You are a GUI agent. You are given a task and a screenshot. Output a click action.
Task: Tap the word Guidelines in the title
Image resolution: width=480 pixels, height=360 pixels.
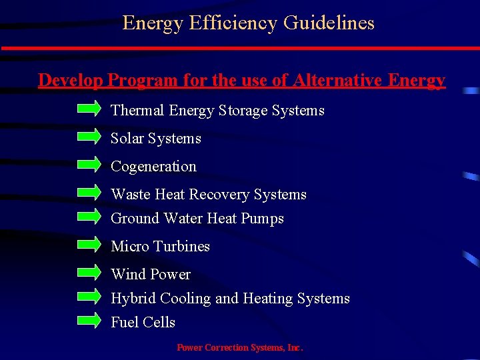click(x=329, y=23)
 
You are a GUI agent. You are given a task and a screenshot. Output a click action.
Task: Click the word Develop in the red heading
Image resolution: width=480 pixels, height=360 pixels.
click(x=70, y=81)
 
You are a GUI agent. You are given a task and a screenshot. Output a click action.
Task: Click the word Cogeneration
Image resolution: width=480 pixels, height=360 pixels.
click(x=153, y=167)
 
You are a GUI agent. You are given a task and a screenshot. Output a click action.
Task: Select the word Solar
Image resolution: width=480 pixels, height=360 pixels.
click(x=127, y=139)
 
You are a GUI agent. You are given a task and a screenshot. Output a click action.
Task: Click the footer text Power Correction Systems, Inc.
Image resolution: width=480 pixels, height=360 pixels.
click(x=239, y=347)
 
